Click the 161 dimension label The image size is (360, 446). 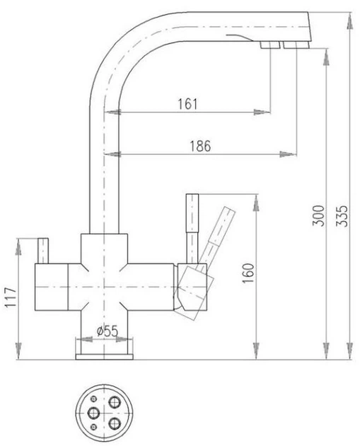[x=187, y=104]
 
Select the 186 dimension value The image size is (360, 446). [x=200, y=147]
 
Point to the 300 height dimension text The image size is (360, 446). [x=318, y=216]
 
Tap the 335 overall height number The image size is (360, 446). [x=342, y=216]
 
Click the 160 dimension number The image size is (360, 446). [x=248, y=273]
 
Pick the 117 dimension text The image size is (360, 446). [x=11, y=297]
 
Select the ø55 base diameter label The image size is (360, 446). [x=107, y=331]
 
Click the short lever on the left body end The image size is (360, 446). [x=43, y=251]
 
